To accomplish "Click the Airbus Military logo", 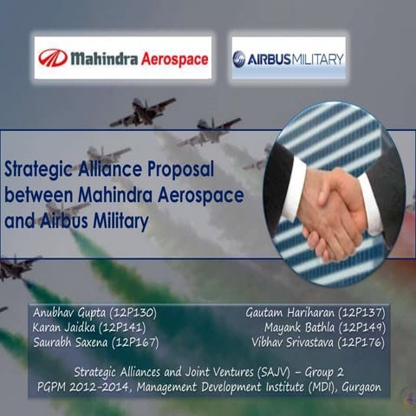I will (289, 58).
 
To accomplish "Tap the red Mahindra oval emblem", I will (53, 58).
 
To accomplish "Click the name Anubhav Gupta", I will (67, 312).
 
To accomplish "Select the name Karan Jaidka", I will (62, 327).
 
